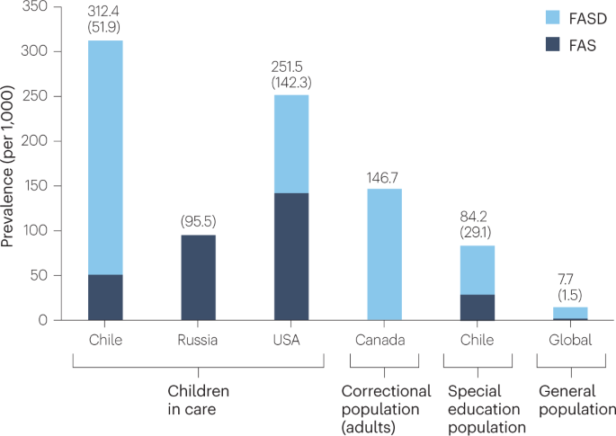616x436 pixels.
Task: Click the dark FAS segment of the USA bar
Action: point(291,256)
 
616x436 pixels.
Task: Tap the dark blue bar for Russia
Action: point(199,277)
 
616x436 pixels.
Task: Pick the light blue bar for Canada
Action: point(384,254)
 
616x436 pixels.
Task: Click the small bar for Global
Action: point(569,312)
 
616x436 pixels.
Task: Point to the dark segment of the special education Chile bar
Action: point(477,307)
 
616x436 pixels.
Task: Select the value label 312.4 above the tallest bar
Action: point(106,12)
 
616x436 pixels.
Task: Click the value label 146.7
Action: point(384,177)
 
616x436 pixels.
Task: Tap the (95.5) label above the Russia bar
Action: point(199,221)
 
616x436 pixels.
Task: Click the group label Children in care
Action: point(198,400)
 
